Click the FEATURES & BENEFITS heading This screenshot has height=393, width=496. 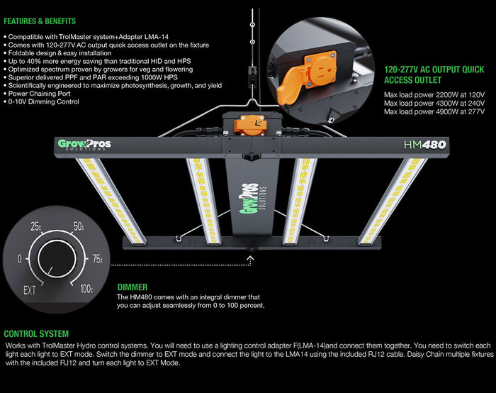tap(40, 21)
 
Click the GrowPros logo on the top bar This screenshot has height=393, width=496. tap(85, 145)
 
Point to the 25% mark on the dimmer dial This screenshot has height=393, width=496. tap(36, 226)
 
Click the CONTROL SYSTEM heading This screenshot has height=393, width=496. tap(36, 333)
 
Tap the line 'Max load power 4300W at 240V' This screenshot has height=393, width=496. tap(434, 103)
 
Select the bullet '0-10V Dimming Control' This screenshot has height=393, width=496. tap(42, 101)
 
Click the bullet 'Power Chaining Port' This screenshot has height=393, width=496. tap(40, 93)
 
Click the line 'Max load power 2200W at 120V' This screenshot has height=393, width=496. tap(434, 94)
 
